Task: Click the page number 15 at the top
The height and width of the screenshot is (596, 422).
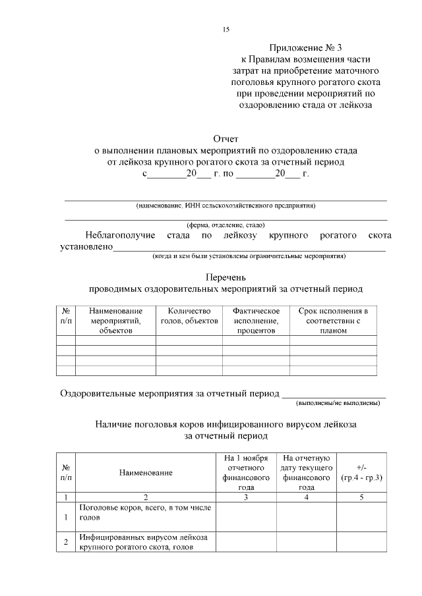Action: [x=226, y=30]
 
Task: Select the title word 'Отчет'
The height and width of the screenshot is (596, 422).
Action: [x=226, y=140]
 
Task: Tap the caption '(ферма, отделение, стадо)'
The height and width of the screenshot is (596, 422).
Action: [x=226, y=224]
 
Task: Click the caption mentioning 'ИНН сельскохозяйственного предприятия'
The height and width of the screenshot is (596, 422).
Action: [x=226, y=205]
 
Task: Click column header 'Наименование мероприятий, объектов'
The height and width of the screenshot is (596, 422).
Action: [x=115, y=321]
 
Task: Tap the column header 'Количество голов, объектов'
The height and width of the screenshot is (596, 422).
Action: [x=189, y=315]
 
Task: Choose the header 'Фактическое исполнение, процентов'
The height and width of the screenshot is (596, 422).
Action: [x=256, y=321]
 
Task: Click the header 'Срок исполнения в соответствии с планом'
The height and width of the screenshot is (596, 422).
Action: [x=333, y=321]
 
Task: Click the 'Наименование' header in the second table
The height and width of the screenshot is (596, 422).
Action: [x=146, y=473]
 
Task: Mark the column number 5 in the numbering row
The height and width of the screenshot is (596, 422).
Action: [x=361, y=497]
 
